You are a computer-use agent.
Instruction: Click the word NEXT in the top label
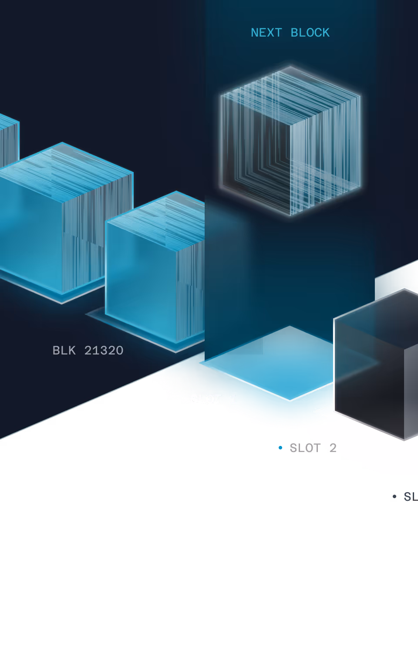click(x=266, y=33)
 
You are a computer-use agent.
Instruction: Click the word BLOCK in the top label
click(x=310, y=33)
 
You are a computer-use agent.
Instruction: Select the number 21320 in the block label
click(x=104, y=351)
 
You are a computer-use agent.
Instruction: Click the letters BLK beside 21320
click(x=64, y=351)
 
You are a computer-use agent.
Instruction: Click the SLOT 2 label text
click(x=313, y=448)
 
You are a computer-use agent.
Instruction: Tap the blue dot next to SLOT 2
click(x=280, y=448)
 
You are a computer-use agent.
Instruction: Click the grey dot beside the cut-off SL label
click(x=394, y=496)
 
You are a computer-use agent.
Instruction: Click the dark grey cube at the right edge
click(x=374, y=366)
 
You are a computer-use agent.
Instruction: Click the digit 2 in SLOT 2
click(x=333, y=448)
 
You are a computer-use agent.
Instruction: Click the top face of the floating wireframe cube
click(x=290, y=94)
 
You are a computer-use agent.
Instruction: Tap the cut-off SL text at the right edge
click(x=410, y=496)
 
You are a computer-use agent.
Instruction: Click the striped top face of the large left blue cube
click(x=65, y=170)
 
